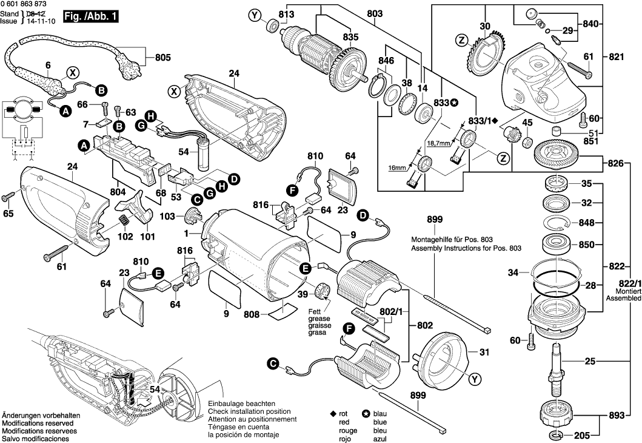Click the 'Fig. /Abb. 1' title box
[91, 17]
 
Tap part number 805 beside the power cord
[163, 58]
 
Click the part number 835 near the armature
[351, 37]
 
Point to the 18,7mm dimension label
[438, 143]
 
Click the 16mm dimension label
[397, 168]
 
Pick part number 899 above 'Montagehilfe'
[435, 219]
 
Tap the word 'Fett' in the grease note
[315, 311]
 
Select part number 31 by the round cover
[484, 352]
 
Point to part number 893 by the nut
[617, 416]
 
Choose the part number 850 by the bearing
[586, 245]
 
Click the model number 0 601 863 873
[23, 4]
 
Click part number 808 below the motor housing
[251, 314]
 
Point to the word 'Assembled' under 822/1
[624, 298]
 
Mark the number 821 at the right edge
[617, 56]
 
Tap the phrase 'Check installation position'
[249, 411]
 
